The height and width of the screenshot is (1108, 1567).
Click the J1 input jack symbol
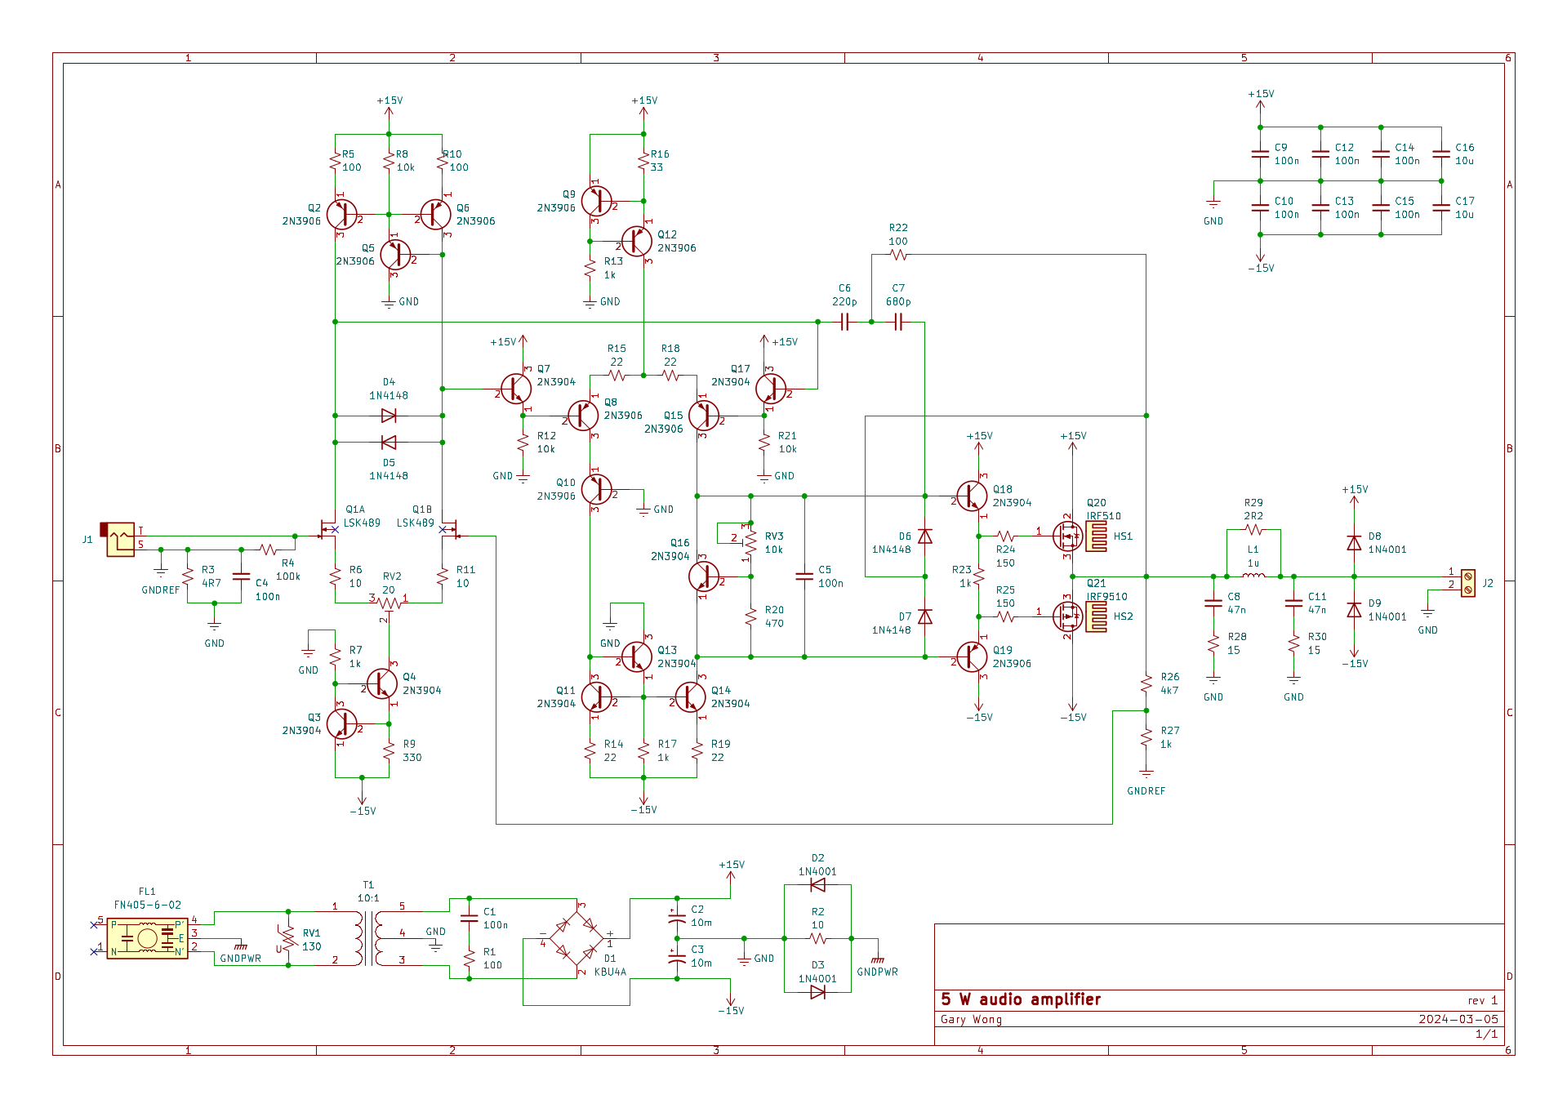point(119,540)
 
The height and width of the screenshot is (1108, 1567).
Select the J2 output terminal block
point(1467,583)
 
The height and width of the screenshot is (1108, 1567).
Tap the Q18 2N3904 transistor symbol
point(971,496)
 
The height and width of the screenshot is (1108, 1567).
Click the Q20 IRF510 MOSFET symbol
point(1067,536)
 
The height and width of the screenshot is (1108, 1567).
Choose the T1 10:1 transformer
point(368,939)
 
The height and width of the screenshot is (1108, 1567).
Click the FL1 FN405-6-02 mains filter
point(147,939)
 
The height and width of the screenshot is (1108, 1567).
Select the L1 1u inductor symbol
point(1253,576)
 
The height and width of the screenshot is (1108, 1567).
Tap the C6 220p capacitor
point(844,323)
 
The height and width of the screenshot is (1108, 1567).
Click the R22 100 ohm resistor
point(898,255)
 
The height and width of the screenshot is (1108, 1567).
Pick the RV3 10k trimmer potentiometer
point(750,543)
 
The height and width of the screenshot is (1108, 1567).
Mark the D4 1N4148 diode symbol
point(389,416)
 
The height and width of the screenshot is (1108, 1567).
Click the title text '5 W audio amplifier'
point(1021,999)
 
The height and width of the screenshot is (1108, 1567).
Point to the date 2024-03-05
point(1458,1019)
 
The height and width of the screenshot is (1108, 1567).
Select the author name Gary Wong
point(971,1019)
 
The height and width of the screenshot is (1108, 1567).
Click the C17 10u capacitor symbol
point(1441,207)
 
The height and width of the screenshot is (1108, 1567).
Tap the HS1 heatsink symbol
point(1097,536)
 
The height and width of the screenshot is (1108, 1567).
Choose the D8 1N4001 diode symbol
point(1354,543)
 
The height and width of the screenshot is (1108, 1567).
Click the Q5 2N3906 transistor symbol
point(395,255)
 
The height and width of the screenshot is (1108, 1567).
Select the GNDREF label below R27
point(1146,790)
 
